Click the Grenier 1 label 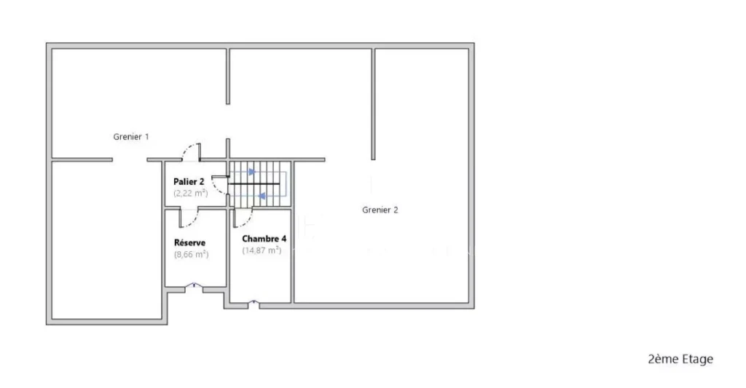pos(131,137)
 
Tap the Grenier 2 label pos(380,210)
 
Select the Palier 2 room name pos(189,182)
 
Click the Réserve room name pos(190,242)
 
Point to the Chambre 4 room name pos(264,239)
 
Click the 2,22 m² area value pos(191,193)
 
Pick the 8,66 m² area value pos(192,254)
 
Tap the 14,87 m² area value pos(262,250)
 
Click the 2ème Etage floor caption pos(680,359)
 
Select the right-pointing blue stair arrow pos(252,172)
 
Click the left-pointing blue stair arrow pos(262,196)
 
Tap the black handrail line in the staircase pos(254,183)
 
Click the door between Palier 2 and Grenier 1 pos(192,151)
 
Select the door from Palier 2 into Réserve pos(189,218)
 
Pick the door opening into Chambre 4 pos(243,218)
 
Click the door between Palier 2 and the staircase pos(220,184)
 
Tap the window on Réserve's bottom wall pos(194,286)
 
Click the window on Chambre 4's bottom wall pos(254,303)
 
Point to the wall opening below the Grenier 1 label pos(130,159)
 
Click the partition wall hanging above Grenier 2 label pos(374,103)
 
